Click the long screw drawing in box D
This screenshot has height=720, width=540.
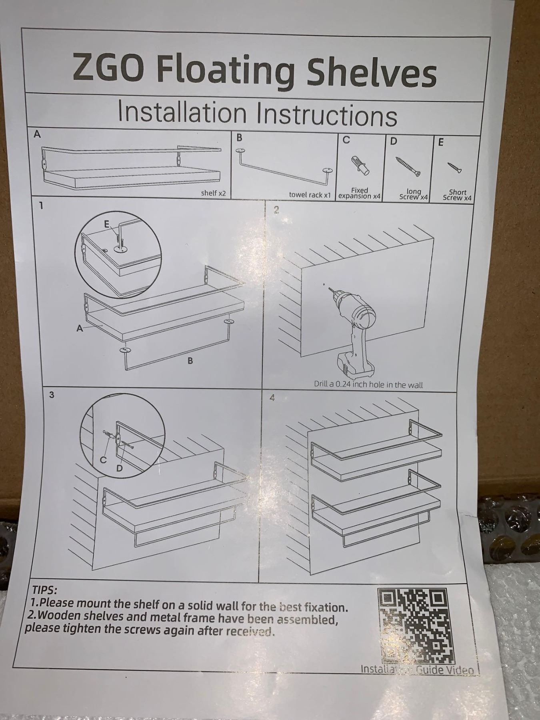coord(408,166)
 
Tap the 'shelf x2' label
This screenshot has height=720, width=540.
coord(213,193)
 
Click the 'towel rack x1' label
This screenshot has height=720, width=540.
coord(310,195)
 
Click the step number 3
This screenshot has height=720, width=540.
coord(51,395)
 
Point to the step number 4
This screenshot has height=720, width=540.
coord(272,398)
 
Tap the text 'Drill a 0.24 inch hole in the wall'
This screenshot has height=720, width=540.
coord(368,385)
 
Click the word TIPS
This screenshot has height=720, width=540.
coord(44,590)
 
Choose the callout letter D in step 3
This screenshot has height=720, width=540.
coord(119,468)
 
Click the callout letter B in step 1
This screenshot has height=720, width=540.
coord(190,361)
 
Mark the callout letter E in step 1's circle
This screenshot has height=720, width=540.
coord(107,224)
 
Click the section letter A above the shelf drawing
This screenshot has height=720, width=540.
coord(37,134)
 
